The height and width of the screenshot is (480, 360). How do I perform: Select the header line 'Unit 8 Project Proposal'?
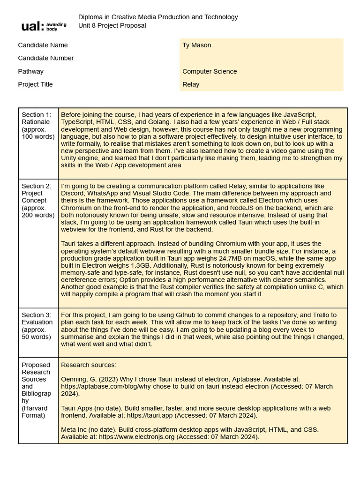pos(112,25)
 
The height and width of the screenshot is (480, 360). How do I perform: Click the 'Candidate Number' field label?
pos(46,58)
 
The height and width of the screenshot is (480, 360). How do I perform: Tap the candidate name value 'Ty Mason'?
pos(196,45)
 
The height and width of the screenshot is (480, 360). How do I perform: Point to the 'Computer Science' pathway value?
pos(210,71)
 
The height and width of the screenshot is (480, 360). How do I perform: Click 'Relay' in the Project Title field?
pos(191,84)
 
